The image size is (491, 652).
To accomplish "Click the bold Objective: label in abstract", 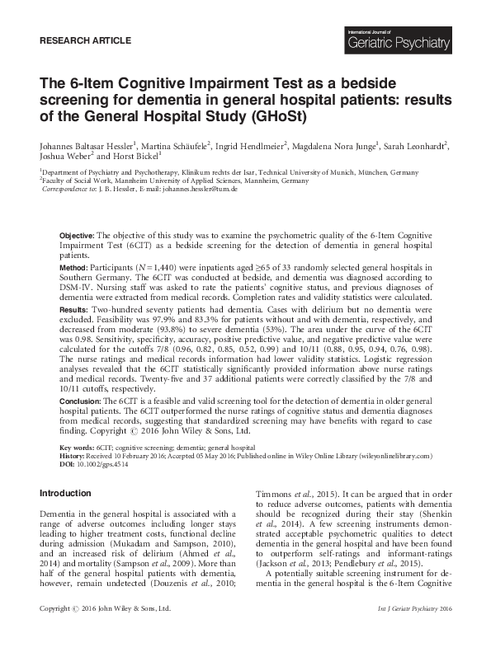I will coord(78,236).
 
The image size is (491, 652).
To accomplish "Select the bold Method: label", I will coord(75,269).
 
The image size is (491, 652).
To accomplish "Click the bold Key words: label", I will coord(78,447).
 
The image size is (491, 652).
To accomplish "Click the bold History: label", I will coord(74,456).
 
